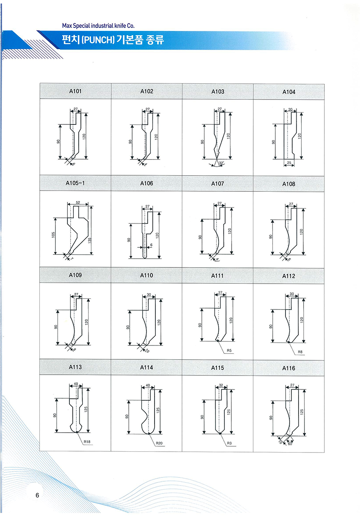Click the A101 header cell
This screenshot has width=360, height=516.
[75, 91]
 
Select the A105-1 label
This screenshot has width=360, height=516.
[75, 183]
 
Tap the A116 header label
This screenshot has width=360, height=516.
[289, 368]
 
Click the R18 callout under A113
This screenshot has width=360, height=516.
[88, 442]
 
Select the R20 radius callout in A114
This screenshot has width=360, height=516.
[159, 443]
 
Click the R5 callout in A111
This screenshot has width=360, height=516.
[229, 351]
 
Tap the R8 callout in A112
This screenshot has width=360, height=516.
[300, 351]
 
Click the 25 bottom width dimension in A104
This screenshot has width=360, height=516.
[289, 163]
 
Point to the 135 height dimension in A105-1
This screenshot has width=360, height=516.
[90, 240]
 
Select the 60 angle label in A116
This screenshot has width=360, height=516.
[290, 444]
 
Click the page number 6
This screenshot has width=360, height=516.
[37, 495]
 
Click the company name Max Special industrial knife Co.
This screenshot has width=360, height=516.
[98, 26]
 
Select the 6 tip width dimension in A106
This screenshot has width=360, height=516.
[150, 245]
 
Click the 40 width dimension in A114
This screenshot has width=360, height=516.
[148, 386]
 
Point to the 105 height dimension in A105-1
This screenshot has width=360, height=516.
[54, 235]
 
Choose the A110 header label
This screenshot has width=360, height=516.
[147, 276]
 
